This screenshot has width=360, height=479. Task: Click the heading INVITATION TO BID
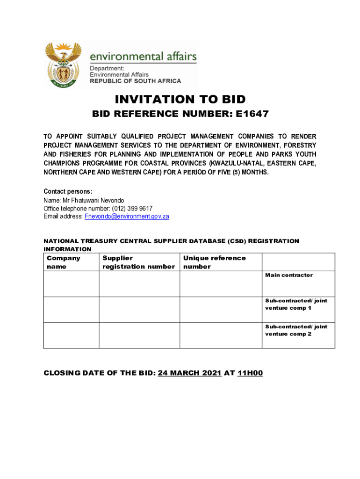tap(180, 99)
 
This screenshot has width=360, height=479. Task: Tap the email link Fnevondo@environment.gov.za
tap(127, 217)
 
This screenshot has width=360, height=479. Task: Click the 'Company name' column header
tap(63, 262)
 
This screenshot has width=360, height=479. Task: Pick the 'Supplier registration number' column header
tap(138, 262)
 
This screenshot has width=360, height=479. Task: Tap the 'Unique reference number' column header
tap(214, 262)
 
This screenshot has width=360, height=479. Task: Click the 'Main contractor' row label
tap(289, 275)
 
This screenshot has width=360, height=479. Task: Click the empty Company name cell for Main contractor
tap(71, 283)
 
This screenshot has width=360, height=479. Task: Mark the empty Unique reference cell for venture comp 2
tap(221, 335)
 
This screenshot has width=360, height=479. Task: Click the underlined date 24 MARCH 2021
tap(189, 373)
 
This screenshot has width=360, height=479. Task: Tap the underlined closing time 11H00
tap(250, 373)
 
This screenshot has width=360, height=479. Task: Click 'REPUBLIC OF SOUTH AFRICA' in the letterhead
tap(135, 81)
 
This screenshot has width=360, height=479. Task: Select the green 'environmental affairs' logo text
tap(143, 57)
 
